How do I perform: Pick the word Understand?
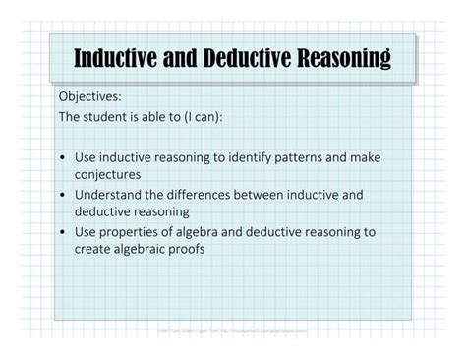coord(109,195)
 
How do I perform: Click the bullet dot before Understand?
coord(63,195)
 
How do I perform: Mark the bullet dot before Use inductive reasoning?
coord(63,157)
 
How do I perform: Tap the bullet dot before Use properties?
coord(63,232)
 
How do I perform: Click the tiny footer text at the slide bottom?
coord(232,331)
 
